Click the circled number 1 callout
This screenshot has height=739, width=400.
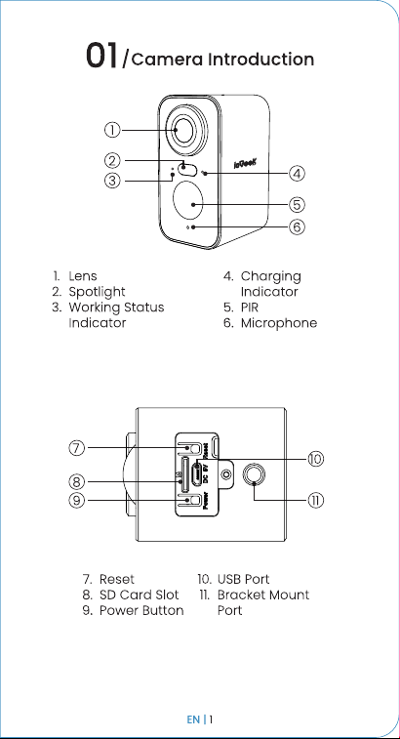(x=112, y=130)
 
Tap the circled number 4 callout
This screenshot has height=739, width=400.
(x=297, y=174)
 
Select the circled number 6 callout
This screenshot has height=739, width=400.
(x=297, y=227)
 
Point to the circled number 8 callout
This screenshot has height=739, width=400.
(x=77, y=481)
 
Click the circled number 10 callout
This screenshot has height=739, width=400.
(x=316, y=458)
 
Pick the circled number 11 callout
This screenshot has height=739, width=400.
(x=316, y=500)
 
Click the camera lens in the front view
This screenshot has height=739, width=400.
(x=187, y=130)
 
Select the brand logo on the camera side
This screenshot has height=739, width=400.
(x=246, y=164)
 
